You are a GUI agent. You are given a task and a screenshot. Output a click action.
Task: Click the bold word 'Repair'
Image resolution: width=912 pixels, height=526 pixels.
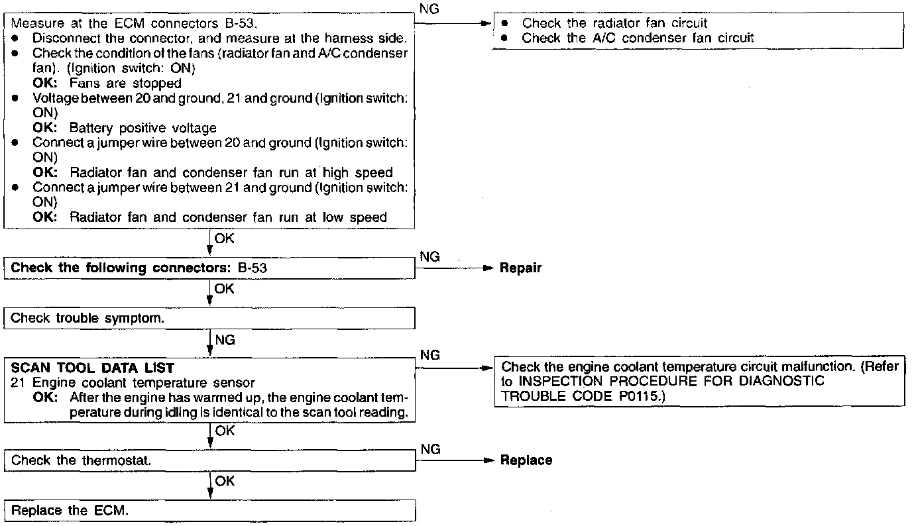point(520,268)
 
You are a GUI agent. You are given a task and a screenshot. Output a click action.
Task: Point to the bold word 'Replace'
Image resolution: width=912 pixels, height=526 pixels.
point(526,460)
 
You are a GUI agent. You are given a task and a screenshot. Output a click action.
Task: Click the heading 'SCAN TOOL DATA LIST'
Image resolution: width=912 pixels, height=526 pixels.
point(93,368)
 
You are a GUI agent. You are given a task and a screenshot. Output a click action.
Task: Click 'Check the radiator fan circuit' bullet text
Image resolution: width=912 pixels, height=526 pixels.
point(615,23)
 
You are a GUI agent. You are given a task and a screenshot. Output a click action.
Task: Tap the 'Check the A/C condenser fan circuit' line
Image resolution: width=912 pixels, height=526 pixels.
point(638,38)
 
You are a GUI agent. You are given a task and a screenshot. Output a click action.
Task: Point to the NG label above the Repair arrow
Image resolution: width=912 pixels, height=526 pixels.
point(430,257)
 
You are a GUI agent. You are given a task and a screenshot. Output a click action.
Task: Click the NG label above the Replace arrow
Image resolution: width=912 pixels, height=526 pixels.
point(430,449)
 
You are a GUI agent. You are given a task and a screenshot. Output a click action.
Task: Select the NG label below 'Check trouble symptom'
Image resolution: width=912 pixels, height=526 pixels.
point(225,341)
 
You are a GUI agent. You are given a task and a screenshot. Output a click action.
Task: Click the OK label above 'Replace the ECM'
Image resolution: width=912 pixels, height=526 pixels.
point(225,482)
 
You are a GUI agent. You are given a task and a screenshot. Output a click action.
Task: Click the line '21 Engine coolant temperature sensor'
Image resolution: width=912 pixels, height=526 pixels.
point(133,383)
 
